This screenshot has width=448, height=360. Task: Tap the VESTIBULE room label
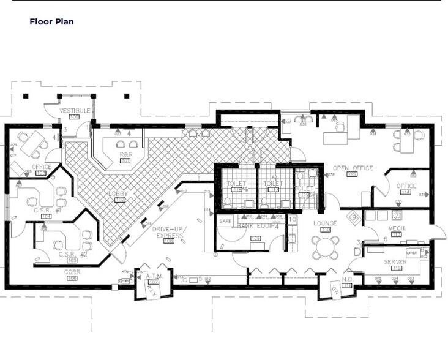(x=75, y=110)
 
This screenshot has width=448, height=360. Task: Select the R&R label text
(x=126, y=154)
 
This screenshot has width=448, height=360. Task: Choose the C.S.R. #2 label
(x=73, y=253)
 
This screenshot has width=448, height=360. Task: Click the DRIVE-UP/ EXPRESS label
(x=170, y=232)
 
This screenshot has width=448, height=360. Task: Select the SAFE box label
(x=225, y=220)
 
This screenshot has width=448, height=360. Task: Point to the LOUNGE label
(x=325, y=223)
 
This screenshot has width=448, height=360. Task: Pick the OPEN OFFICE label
(x=353, y=167)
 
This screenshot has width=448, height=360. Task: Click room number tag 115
(x=352, y=174)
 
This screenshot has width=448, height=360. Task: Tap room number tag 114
(x=406, y=193)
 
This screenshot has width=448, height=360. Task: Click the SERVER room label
(x=395, y=261)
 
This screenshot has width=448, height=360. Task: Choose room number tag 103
(x=42, y=173)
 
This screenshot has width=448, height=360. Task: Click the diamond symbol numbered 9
(x=353, y=216)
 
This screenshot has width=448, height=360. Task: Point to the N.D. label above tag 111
(x=348, y=279)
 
